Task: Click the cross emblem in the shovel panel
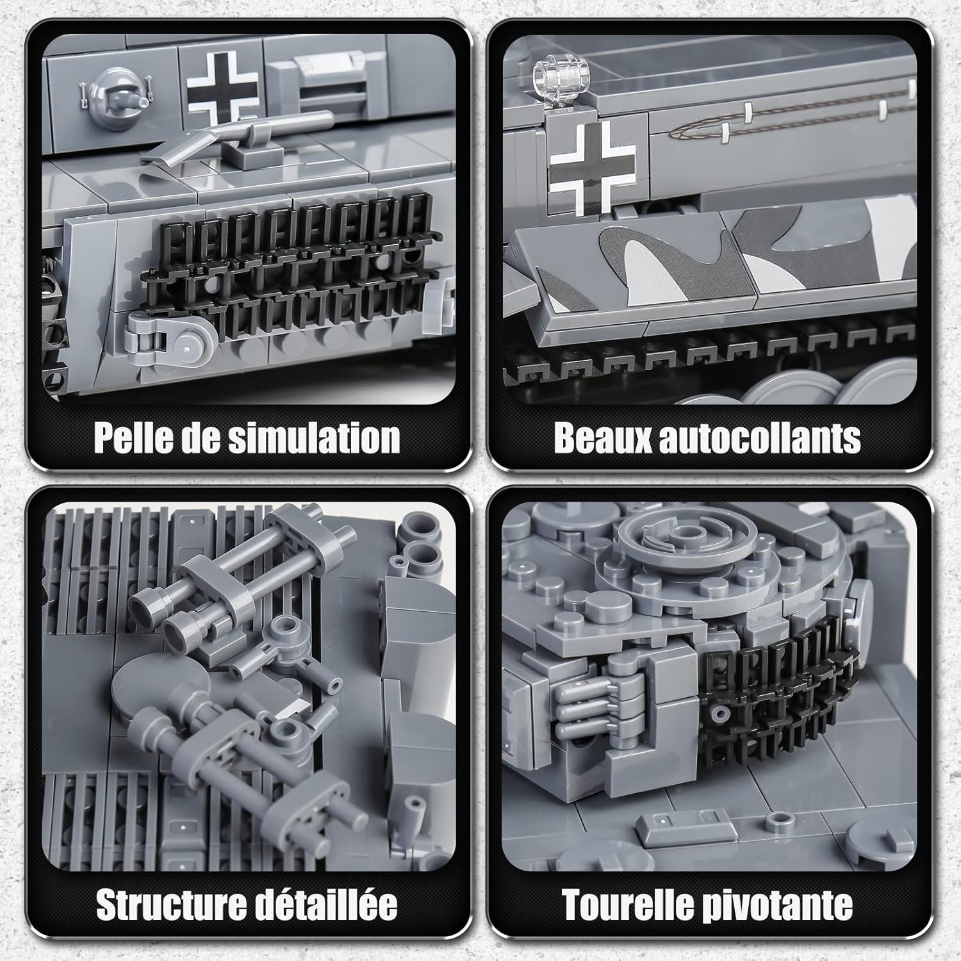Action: [x=222, y=83]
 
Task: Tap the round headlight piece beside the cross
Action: [x=116, y=99]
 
